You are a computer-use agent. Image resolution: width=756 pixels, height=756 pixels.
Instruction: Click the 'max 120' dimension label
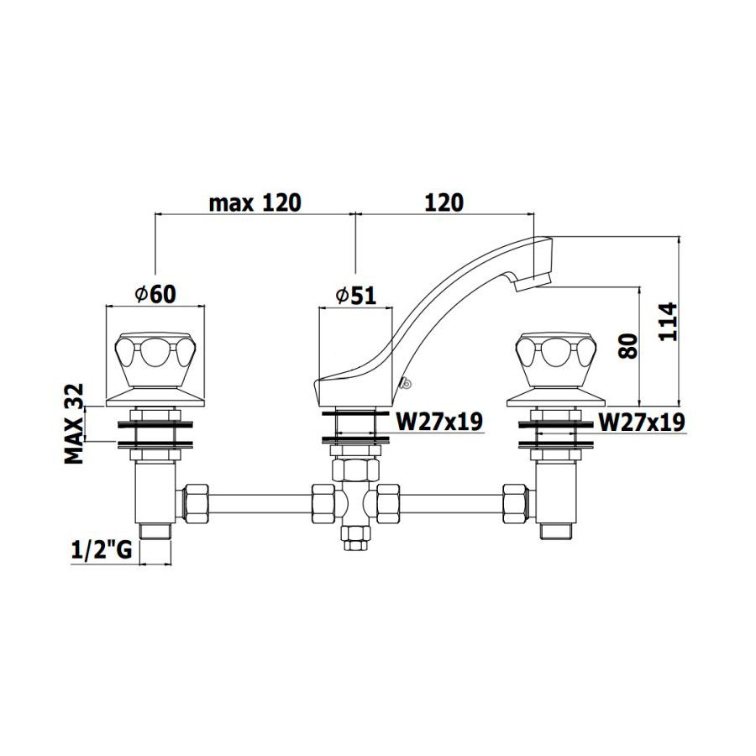pyautogui.click(x=255, y=203)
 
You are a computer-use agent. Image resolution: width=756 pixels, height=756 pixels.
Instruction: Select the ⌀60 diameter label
pyautogui.click(x=155, y=294)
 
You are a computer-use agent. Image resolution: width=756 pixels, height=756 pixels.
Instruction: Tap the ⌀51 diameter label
pyautogui.click(x=356, y=295)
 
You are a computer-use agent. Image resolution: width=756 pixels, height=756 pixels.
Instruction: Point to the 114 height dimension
pyautogui.click(x=669, y=322)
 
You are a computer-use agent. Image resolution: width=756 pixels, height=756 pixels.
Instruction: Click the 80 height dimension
pyautogui.click(x=628, y=346)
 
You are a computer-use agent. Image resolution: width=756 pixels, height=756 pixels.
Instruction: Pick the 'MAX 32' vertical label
pyautogui.click(x=75, y=424)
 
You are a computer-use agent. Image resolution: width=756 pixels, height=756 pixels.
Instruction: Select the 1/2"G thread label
pyautogui.click(x=102, y=549)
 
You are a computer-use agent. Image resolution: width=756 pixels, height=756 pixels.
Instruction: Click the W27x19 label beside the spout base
pyautogui.click(x=438, y=422)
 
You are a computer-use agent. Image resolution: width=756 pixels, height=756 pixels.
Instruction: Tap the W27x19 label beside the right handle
pyautogui.click(x=641, y=422)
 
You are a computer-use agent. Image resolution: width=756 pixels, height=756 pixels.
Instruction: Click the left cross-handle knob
pyautogui.click(x=155, y=360)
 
